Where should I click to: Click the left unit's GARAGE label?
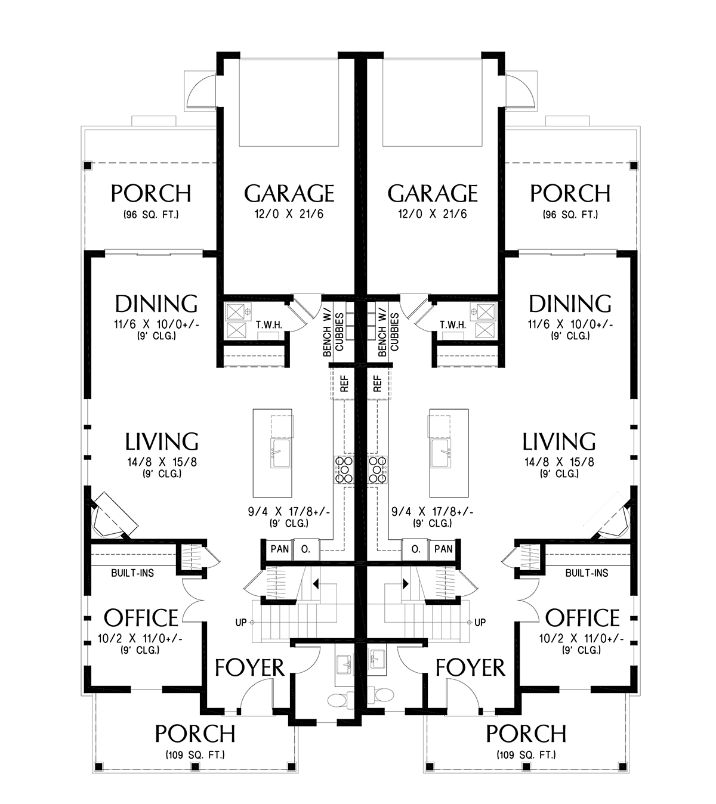click(289, 193)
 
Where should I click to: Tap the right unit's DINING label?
click(570, 304)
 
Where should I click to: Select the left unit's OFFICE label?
click(141, 618)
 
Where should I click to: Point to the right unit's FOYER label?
click(470, 667)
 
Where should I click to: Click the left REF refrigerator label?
click(344, 384)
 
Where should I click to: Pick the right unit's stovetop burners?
click(377, 470)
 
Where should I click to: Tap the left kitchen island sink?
click(280, 453)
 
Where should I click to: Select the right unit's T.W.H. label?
click(453, 325)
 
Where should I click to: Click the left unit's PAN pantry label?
click(280, 549)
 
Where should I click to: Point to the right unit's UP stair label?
click(480, 622)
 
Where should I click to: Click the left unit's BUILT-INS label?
click(132, 573)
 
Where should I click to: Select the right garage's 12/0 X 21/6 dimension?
click(433, 214)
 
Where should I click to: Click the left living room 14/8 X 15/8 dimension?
click(162, 462)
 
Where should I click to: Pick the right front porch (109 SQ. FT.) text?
click(526, 754)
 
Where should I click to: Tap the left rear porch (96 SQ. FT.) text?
click(151, 215)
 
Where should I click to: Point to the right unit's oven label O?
click(416, 549)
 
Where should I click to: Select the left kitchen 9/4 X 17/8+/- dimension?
click(289, 512)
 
